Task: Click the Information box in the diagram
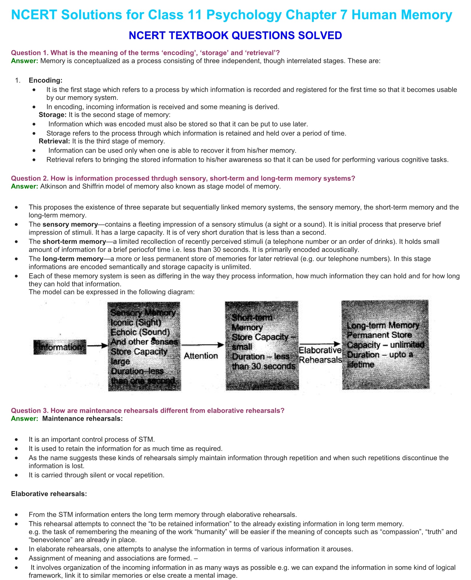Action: [60, 347]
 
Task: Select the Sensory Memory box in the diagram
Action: [144, 346]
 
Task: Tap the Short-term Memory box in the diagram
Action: [262, 346]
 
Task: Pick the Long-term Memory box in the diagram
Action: [385, 345]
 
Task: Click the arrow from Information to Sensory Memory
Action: [97, 346]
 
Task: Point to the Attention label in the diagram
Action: [201, 356]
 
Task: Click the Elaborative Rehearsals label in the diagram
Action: [320, 355]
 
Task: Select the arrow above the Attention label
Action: [203, 345]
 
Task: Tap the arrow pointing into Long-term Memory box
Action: [320, 344]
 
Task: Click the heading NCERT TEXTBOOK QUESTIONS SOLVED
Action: [235, 36]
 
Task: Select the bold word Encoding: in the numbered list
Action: [45, 80]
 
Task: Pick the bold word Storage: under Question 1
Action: [53, 115]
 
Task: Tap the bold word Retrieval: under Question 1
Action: [54, 141]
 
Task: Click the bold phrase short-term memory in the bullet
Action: [74, 242]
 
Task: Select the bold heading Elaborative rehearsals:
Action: [49, 494]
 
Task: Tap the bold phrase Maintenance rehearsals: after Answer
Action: [82, 419]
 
